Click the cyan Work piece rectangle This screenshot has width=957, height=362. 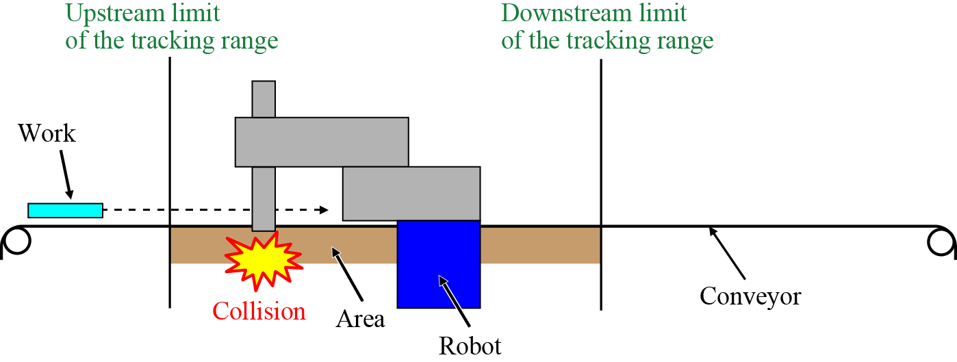[65, 210]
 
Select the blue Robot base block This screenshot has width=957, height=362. [438, 263]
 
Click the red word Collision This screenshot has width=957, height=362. [259, 311]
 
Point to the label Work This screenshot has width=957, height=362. [47, 133]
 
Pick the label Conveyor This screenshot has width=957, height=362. [750, 296]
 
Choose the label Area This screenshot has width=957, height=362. [360, 318]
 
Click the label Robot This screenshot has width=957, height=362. [470, 345]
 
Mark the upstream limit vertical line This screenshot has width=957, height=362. [169, 171]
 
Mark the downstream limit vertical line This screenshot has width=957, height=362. [601, 171]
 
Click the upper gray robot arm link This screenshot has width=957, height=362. [322, 142]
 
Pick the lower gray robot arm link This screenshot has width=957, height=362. [411, 193]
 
